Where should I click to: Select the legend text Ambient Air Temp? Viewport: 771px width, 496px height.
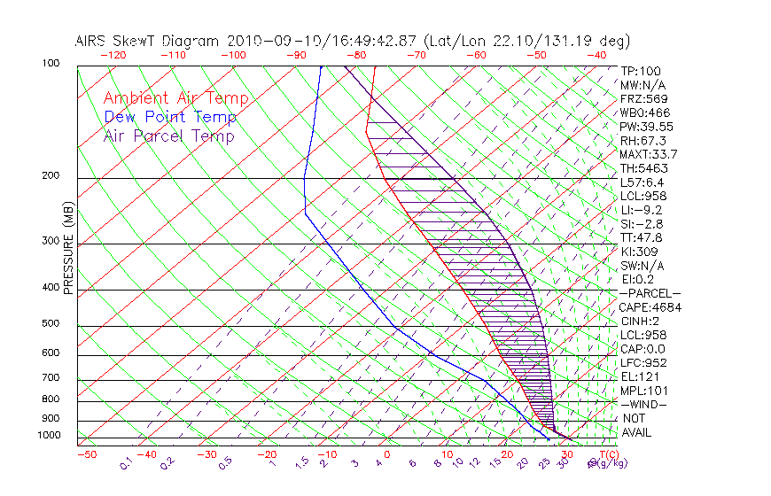pyautogui.click(x=175, y=98)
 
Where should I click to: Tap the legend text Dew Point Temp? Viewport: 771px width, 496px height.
pyautogui.click(x=170, y=117)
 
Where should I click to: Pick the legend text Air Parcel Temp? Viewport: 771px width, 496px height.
pyautogui.click(x=168, y=136)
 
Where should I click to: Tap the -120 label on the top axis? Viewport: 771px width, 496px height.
pyautogui.click(x=112, y=55)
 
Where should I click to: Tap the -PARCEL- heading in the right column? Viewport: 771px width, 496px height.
pyautogui.click(x=650, y=293)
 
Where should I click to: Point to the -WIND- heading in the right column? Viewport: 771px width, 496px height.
pyautogui.click(x=644, y=404)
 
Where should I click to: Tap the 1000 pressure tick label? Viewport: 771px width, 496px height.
pyautogui.click(x=50, y=436)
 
